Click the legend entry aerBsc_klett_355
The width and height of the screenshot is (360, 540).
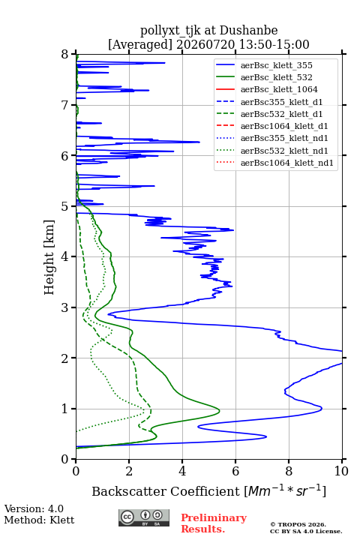[276, 65]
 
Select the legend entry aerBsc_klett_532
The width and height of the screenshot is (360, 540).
[276, 77]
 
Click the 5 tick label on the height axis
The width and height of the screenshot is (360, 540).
[64, 206]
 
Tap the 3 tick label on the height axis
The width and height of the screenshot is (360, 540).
[64, 307]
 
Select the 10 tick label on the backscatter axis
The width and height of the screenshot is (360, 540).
[341, 471]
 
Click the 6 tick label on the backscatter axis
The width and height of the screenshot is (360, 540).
[235, 471]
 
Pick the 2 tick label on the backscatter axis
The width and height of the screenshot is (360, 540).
[129, 471]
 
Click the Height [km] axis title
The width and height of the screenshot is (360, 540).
[49, 257]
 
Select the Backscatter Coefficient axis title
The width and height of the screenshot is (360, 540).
[208, 490]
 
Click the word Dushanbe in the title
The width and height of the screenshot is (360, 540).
[248, 31]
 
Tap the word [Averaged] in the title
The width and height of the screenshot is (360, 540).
[140, 44]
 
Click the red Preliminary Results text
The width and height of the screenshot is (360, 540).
[214, 523]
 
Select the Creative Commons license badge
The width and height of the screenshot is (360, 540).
[144, 517]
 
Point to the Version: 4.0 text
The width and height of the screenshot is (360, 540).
[34, 508]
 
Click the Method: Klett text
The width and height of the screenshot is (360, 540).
[39, 520]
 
